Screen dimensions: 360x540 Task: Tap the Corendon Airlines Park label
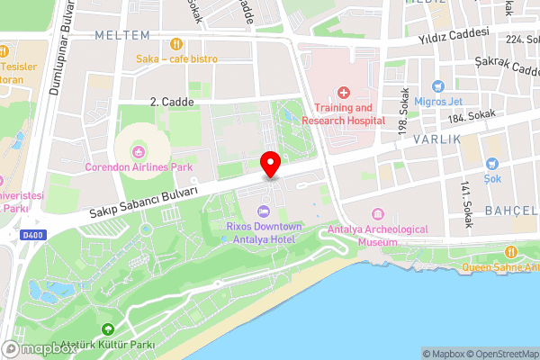click(139, 167)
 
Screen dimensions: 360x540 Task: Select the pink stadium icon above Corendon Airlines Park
click(139, 150)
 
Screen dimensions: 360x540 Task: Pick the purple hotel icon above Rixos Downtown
click(263, 211)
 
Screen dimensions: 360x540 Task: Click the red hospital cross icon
click(343, 92)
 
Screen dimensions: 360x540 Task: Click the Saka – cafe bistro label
click(176, 59)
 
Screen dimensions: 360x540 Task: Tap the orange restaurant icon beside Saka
click(176, 42)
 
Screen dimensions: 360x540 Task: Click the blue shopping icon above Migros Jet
click(438, 87)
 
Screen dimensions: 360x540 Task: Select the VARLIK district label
click(437, 140)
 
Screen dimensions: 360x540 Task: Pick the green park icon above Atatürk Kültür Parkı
click(109, 330)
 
